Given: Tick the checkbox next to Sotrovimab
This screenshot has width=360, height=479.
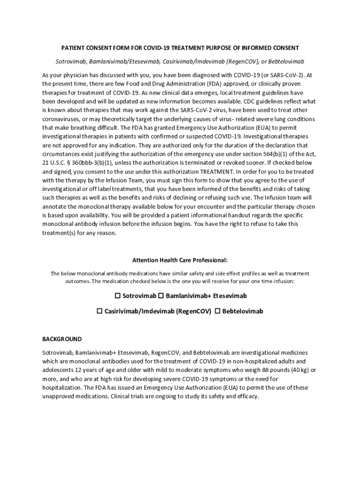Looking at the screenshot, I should point(118,296).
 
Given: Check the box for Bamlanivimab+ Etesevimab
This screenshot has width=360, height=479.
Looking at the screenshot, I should point(161,296).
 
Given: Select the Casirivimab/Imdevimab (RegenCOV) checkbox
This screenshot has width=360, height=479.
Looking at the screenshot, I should point(99,311).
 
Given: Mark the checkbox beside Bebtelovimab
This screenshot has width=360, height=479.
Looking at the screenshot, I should point(217,311).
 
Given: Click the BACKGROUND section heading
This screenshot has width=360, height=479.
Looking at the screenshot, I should point(62,339).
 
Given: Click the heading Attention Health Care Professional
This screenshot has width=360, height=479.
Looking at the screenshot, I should point(180,260).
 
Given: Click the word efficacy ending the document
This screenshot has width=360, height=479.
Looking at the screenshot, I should point(246,396).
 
